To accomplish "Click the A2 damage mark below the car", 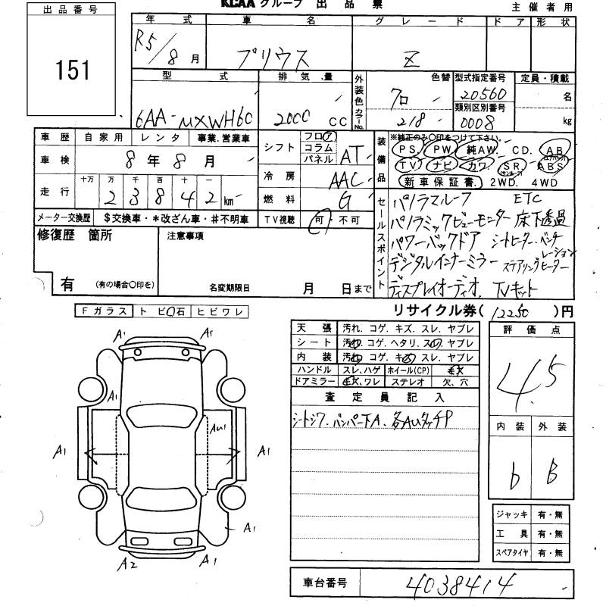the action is (130, 561).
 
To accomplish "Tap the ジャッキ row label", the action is (512, 514).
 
